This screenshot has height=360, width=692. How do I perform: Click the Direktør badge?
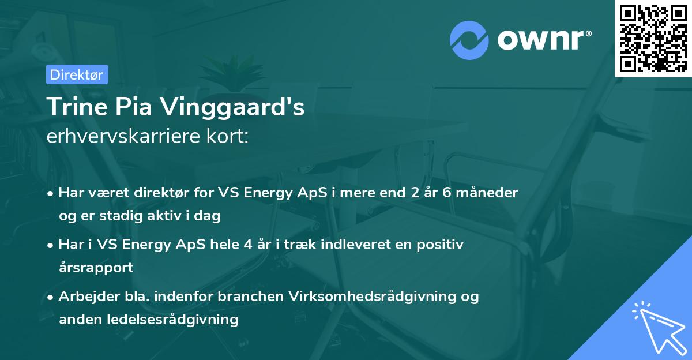[x=76, y=74]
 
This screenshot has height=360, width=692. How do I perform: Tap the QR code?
[x=653, y=38]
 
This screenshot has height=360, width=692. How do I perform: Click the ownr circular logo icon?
[x=469, y=40]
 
